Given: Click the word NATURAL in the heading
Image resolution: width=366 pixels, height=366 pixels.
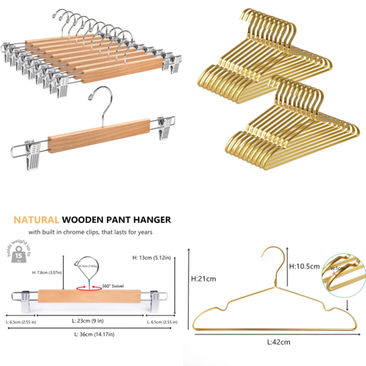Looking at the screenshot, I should click(36, 220).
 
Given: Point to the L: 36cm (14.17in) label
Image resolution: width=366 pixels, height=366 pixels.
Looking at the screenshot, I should click(94, 334).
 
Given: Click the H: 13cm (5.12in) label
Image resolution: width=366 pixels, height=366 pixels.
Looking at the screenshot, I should click(152, 257).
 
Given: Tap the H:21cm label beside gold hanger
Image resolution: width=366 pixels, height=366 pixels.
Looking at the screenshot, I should click(203, 279).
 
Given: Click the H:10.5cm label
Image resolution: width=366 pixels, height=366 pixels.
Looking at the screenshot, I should click(304, 266).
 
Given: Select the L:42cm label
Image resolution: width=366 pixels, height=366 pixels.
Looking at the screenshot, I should click(279, 342).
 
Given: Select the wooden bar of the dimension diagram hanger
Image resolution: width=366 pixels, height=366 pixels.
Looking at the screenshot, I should click(89, 296).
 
